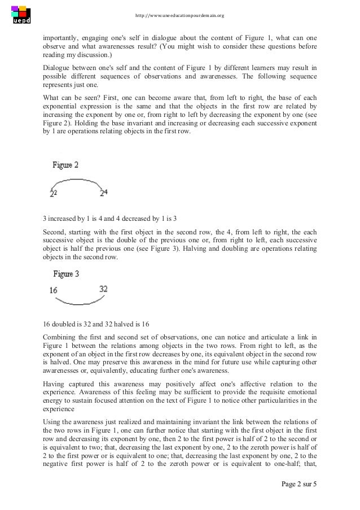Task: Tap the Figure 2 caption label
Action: click(65, 165)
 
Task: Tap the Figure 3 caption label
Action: click(66, 274)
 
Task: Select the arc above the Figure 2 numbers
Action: click(76, 181)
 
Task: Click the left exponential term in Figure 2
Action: click(53, 193)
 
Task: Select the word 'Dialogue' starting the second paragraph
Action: click(58, 67)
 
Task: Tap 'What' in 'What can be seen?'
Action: click(52, 96)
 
